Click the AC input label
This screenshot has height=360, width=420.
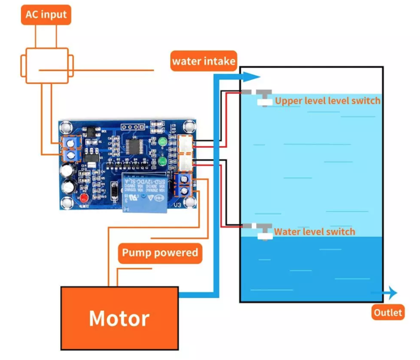[x=46, y=15]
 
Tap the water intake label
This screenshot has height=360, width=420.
[x=204, y=61]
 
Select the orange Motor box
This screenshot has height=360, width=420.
[x=119, y=317]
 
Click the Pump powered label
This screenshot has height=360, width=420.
[x=160, y=253]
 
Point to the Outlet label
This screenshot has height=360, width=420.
[x=388, y=313]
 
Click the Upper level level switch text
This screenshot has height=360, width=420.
[x=328, y=100]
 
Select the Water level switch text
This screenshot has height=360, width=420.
[x=314, y=232]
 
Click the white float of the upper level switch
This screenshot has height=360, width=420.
[x=263, y=101]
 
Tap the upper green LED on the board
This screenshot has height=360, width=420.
[x=162, y=141]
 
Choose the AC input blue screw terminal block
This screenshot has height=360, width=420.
[x=70, y=150]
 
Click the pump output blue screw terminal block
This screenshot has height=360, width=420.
[x=184, y=185]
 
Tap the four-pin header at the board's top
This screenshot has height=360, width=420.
[x=132, y=128]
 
